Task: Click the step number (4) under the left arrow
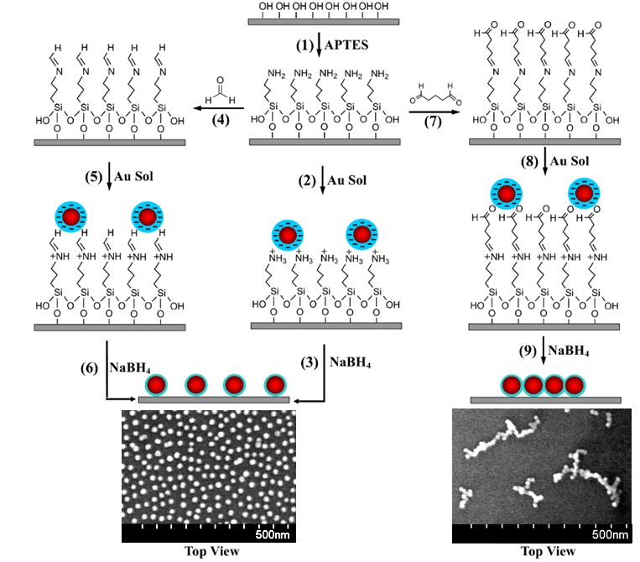point(222,118)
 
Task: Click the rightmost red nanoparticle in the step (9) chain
point(574,385)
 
